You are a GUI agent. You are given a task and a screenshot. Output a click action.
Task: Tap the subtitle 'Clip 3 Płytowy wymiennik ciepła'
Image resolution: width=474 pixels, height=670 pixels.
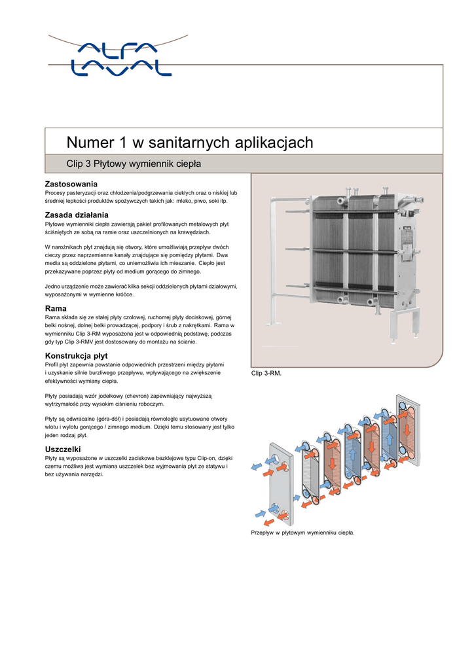pyautogui.click(x=134, y=163)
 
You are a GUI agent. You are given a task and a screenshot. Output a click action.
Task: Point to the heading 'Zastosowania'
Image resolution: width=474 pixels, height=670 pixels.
pyautogui.click(x=71, y=184)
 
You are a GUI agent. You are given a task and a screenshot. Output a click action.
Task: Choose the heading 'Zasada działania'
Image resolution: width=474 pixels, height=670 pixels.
pyautogui.click(x=76, y=215)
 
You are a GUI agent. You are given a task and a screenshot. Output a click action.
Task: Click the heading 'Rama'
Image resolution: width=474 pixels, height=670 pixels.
pyautogui.click(x=56, y=308)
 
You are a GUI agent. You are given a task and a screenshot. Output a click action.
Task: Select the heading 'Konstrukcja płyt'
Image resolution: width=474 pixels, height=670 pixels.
pyautogui.click(x=75, y=355)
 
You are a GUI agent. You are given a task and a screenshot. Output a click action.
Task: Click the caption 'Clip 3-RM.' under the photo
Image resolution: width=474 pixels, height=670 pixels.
pyautogui.click(x=266, y=374)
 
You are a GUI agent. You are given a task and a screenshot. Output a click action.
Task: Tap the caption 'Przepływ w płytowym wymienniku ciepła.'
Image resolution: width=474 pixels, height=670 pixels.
pyautogui.click(x=302, y=533)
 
